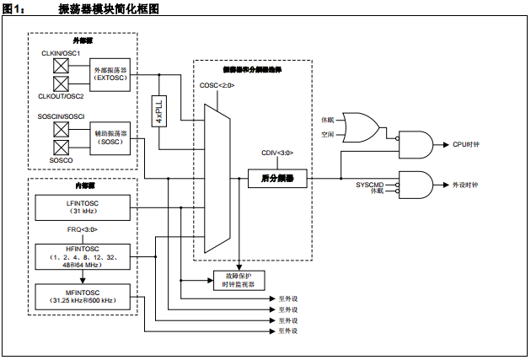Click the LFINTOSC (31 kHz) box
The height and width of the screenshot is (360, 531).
point(83,207)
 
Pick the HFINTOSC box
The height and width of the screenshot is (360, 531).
point(83,255)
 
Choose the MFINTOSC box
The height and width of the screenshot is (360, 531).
point(83,297)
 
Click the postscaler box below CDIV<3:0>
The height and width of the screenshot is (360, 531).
point(277,179)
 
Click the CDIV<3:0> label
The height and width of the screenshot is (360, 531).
point(277,153)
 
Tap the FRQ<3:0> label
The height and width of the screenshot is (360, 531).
point(83,230)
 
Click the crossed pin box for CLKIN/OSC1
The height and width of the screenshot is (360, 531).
point(62,64)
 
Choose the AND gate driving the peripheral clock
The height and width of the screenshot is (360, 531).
point(414,184)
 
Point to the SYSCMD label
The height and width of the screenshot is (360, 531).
point(369,184)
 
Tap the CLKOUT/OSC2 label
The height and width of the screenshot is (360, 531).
point(61,96)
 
